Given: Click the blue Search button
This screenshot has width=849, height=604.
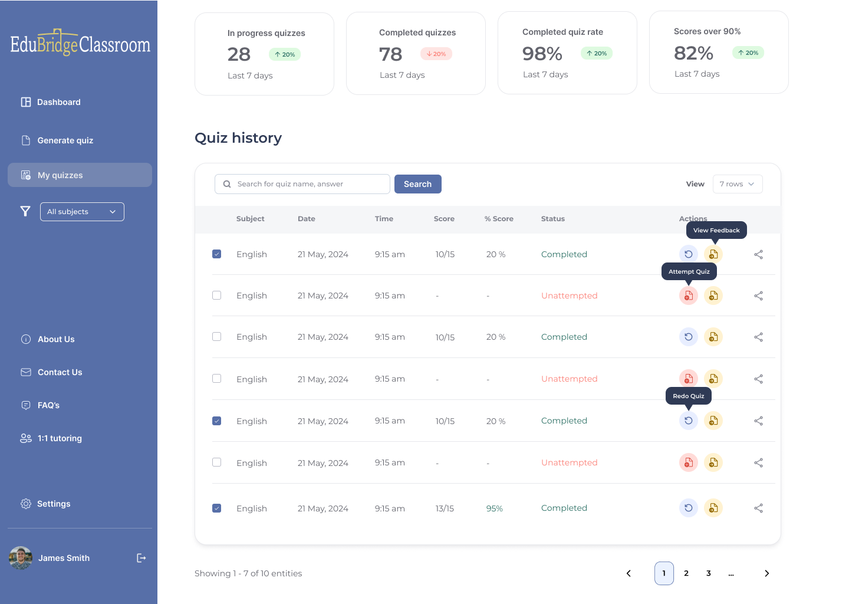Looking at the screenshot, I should (x=417, y=184).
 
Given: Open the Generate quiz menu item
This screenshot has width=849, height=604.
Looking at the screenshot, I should (x=65, y=140).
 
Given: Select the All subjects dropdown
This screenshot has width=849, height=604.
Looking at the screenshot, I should (x=82, y=212).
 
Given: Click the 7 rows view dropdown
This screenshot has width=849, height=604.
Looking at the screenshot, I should (x=737, y=184).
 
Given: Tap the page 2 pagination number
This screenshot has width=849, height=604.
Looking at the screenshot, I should (x=686, y=573).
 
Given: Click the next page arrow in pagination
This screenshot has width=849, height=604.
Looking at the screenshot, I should (x=766, y=573).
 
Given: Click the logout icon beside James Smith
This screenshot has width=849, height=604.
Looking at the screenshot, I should (x=141, y=558).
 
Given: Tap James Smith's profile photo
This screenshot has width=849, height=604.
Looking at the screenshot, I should (x=21, y=558).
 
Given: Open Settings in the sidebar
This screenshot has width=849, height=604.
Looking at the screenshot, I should (x=53, y=504).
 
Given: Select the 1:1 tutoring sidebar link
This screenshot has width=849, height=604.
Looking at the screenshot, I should (x=60, y=438).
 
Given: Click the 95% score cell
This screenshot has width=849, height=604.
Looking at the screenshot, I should (x=494, y=508).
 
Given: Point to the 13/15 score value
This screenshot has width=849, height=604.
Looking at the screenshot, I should (x=445, y=508).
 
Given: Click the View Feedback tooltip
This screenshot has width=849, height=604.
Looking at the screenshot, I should (x=716, y=230).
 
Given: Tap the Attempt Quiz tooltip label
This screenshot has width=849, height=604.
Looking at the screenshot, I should (x=689, y=271).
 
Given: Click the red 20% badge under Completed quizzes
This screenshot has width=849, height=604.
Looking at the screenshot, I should (x=436, y=54).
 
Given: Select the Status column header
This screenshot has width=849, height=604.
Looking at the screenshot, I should (x=552, y=219).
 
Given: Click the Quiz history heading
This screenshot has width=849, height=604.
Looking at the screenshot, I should (x=238, y=138).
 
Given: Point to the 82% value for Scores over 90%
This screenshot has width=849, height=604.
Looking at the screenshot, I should (x=693, y=53).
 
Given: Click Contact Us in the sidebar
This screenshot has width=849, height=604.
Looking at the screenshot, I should (x=60, y=372).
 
